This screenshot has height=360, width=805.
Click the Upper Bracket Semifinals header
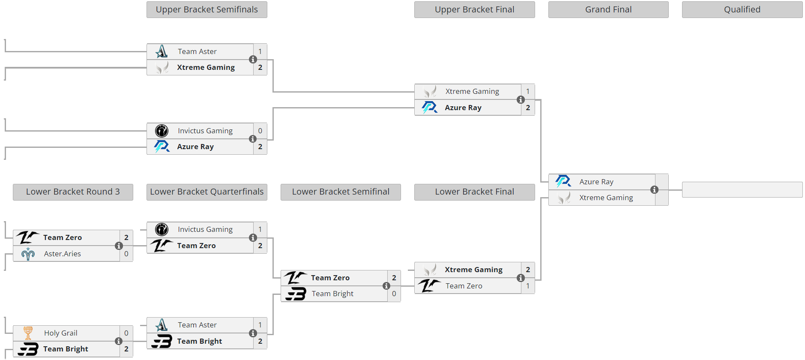point(206,9)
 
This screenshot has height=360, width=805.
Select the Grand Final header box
point(608,9)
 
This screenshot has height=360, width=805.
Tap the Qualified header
point(742,9)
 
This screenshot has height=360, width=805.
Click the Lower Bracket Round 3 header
point(73,192)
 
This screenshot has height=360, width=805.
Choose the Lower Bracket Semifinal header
point(341,192)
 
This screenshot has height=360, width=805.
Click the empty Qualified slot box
point(742,189)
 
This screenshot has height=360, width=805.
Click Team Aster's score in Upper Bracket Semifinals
point(260,51)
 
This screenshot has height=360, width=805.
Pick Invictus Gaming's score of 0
point(260,131)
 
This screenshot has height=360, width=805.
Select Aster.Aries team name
point(63,254)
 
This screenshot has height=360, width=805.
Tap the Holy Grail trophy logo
point(28,333)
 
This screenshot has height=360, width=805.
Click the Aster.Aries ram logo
point(28,254)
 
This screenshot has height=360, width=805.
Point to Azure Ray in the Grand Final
point(596,182)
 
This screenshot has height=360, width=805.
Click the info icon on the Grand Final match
point(654,189)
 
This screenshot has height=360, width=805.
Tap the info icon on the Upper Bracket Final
point(521,99)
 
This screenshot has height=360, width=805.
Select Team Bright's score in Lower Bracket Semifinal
point(394,294)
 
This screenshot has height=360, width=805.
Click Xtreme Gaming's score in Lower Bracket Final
point(528,270)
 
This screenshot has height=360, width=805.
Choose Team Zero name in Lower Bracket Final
point(464,286)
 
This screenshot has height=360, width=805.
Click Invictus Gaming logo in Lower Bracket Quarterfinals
point(162,229)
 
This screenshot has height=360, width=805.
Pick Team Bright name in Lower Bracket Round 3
point(66,349)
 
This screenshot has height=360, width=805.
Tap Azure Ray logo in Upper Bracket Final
point(429,108)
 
